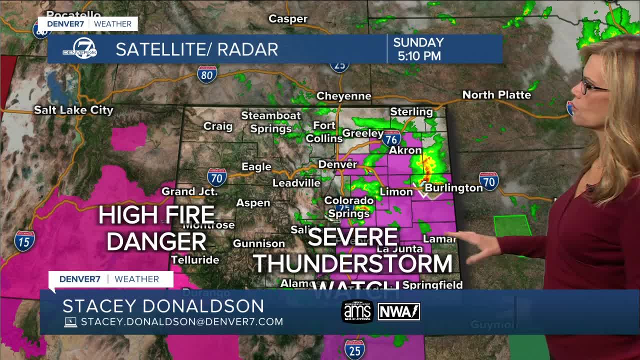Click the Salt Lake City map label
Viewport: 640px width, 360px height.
pos(73,110)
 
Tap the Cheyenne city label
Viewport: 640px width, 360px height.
pos(343,96)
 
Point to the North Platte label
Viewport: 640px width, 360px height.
pos(496,94)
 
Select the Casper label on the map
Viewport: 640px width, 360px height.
pos(287,19)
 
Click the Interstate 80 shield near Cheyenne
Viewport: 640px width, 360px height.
pos(206,74)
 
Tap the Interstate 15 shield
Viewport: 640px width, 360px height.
pos(24,240)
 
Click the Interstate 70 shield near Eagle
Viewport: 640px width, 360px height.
pos(216,177)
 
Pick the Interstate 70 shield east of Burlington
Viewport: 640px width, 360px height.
pos(488,181)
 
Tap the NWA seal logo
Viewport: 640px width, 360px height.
pos(398,311)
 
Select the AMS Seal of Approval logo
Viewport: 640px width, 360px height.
pos(357,311)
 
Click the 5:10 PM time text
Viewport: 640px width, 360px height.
pos(419,56)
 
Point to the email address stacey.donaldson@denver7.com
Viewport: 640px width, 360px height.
pos(182,322)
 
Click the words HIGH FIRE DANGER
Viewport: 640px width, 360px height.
pos(156,228)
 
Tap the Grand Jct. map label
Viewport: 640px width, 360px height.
pos(189,191)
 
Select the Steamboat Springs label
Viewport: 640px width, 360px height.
pos(271,122)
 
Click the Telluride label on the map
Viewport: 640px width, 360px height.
pos(195,260)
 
